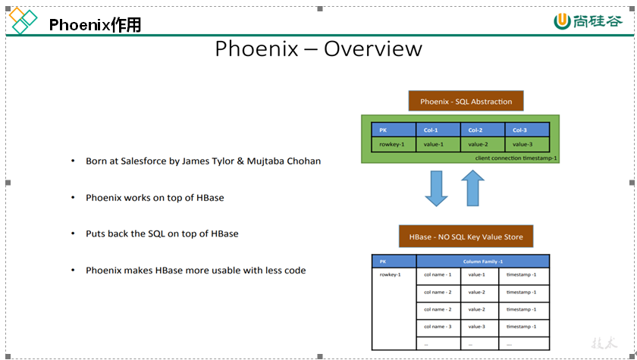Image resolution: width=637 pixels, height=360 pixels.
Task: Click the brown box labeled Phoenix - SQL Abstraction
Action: click(466, 102)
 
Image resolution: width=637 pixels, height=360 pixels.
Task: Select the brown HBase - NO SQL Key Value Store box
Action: click(466, 237)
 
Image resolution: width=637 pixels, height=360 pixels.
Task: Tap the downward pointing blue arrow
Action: click(437, 188)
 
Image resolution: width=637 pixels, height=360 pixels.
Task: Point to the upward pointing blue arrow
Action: click(472, 188)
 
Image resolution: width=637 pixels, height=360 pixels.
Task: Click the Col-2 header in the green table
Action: click(482, 130)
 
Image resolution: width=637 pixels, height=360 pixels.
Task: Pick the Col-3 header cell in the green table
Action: click(526, 130)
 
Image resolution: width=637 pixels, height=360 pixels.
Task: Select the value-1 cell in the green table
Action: click(438, 144)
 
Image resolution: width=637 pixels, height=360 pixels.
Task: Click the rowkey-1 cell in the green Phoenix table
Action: click(393, 144)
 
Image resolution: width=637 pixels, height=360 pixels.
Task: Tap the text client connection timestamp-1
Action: click(516, 158)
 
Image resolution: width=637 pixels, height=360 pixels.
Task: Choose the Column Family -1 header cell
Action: click(483, 261)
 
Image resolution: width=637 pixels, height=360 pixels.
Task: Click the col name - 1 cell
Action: click(438, 274)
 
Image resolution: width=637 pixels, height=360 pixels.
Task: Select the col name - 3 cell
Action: click(438, 327)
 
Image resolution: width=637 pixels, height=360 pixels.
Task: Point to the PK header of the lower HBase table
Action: click(394, 261)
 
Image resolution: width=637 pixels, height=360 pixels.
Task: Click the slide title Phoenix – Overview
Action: click(318, 49)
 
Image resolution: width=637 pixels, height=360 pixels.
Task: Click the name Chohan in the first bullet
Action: click(303, 161)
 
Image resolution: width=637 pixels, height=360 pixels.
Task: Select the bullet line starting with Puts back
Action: click(162, 233)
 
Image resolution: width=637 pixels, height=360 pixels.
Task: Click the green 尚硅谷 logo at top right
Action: click(588, 21)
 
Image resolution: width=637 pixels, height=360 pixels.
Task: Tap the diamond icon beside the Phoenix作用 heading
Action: click(23, 21)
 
